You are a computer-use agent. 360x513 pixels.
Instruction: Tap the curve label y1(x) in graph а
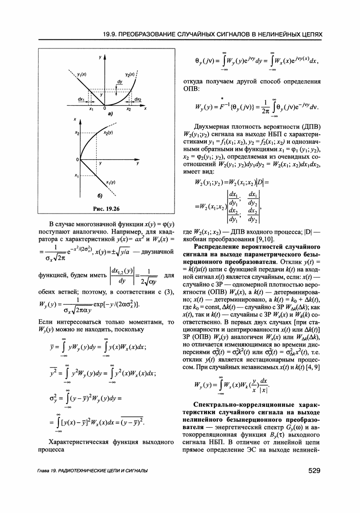tap(83, 73)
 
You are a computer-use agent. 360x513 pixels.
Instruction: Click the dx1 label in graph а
tap(81, 99)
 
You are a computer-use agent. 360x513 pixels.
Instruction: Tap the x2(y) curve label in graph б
tap(108, 132)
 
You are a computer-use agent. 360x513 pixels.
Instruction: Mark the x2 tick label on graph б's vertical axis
tap(78, 133)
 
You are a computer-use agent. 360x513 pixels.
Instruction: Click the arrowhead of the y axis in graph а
tap(104, 58)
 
